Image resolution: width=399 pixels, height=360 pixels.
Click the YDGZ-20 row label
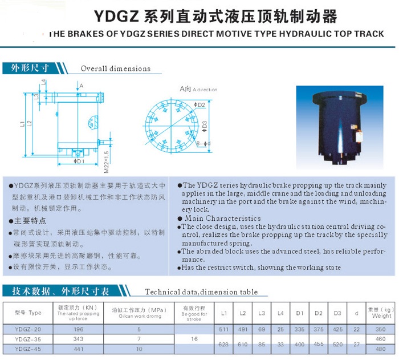27,329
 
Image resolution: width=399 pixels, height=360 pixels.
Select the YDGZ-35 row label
27,339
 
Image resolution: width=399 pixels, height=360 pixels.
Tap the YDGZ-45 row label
27,349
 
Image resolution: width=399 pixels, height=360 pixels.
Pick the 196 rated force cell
79,329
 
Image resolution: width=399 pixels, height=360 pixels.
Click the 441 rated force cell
79,349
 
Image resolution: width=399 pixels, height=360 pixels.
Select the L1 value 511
224,329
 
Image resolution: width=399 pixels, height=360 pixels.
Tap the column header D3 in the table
337,313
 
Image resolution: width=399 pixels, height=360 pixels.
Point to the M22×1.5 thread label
107,161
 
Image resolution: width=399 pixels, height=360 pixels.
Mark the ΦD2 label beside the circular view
200,105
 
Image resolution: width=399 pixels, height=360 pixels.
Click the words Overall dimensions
115,68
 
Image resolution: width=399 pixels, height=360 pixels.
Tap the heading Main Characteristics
223,219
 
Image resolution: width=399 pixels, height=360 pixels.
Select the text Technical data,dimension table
201,292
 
